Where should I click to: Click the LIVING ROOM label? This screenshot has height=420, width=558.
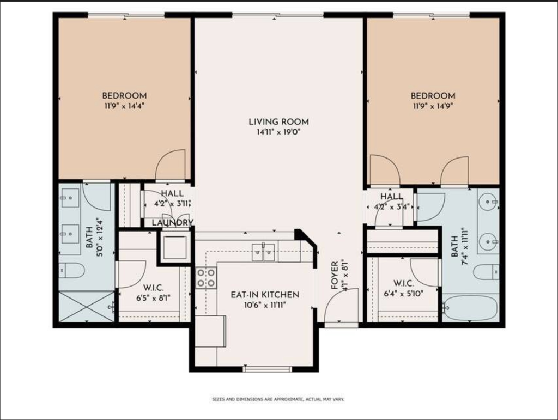(278, 121)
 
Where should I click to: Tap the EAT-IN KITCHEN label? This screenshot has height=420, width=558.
(265, 295)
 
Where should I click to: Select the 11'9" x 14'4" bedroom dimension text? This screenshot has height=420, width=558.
(124, 106)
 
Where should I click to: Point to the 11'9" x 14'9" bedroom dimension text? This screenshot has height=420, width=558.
(433, 106)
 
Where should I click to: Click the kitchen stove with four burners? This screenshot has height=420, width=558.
(206, 278)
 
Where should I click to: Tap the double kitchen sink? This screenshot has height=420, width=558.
(263, 252)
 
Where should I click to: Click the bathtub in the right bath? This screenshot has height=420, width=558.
(470, 308)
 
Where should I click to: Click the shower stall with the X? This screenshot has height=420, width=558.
(87, 307)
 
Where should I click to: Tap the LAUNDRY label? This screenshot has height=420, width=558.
(173, 223)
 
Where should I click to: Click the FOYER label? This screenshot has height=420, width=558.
(335, 276)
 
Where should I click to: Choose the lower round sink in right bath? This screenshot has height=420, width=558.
(487, 242)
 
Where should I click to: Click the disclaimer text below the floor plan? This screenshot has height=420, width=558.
(278, 399)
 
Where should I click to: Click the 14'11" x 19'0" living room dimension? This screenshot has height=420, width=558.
(278, 132)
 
